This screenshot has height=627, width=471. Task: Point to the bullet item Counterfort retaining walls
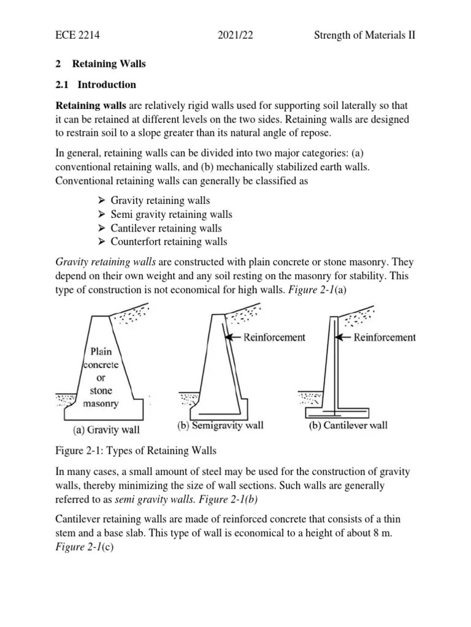click(x=169, y=242)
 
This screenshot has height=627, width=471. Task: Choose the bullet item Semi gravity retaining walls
click(x=171, y=214)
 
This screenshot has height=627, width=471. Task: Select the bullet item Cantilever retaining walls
click(x=166, y=228)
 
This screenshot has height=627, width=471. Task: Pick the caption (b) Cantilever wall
click(x=347, y=426)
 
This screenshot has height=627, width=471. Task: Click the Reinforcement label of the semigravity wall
click(x=274, y=337)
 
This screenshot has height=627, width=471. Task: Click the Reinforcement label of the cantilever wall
click(x=385, y=337)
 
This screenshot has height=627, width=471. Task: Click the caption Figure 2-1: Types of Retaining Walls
click(x=136, y=452)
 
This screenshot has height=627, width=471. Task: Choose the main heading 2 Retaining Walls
click(x=101, y=64)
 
